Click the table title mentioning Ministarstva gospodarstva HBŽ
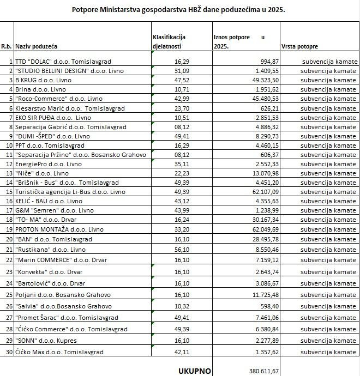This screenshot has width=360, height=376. [179, 9]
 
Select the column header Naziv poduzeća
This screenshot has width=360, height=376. [38, 47]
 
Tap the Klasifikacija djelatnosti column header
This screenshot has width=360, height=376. [170, 41]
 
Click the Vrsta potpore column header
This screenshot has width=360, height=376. [299, 47]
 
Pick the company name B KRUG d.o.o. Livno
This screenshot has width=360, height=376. [44, 80]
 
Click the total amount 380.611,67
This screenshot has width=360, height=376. [261, 371]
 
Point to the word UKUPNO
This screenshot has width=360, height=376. [195, 371]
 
